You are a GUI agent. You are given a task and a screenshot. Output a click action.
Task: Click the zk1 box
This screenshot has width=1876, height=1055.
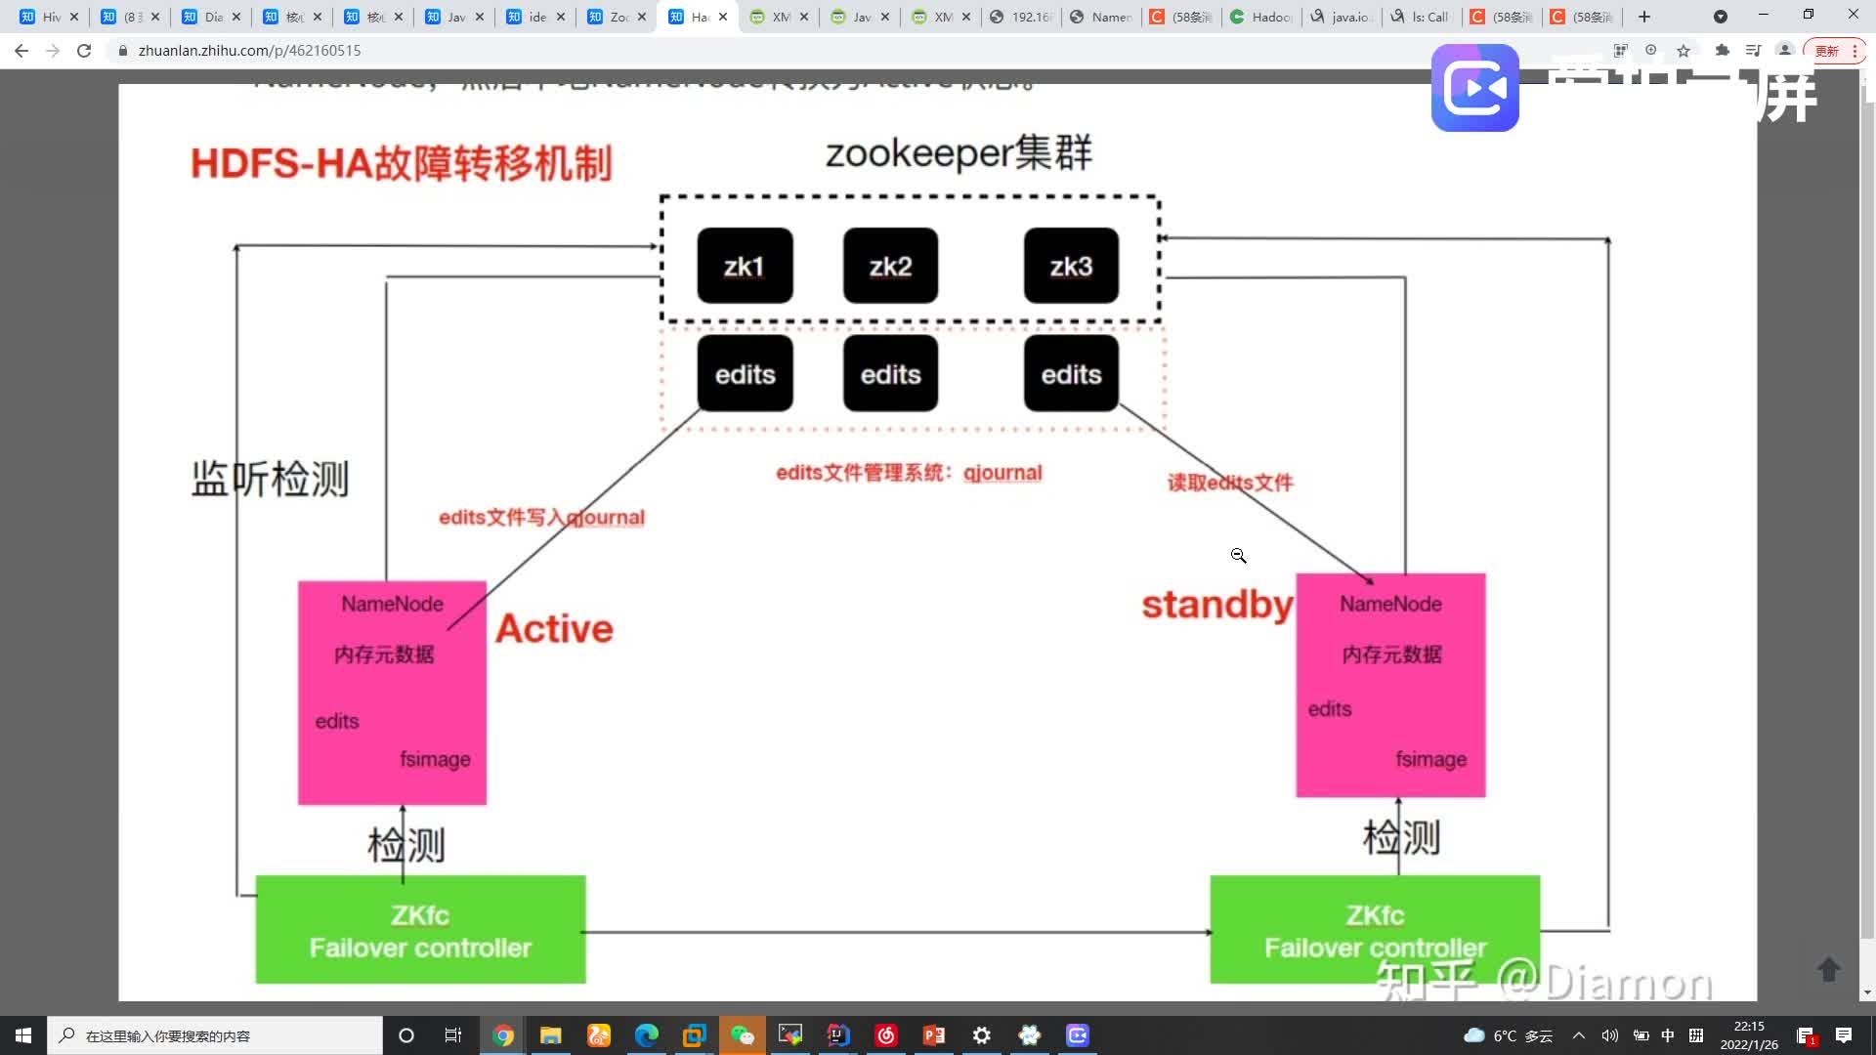[x=745, y=266]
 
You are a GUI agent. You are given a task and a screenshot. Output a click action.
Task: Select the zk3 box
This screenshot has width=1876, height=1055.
[x=1071, y=266]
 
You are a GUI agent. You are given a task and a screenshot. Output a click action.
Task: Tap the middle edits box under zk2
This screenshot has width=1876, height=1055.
[x=890, y=374]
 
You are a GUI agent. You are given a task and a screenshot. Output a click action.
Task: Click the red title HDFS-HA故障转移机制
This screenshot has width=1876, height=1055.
[x=401, y=163]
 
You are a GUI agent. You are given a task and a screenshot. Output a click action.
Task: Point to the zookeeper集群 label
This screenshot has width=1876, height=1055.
[x=959, y=153]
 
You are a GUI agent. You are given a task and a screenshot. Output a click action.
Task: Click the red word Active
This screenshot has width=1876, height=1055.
[x=554, y=628]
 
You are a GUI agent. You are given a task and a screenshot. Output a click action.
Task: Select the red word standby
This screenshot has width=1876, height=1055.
[x=1216, y=605]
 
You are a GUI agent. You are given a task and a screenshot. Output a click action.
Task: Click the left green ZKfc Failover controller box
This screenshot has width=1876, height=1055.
[x=420, y=930]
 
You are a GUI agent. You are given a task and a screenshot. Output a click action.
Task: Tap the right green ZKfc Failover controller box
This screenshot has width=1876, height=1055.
[x=1374, y=930]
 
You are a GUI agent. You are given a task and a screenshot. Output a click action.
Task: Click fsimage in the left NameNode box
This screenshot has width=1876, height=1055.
[x=435, y=759]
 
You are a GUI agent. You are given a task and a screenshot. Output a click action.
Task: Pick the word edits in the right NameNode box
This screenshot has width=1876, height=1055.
[x=1329, y=709]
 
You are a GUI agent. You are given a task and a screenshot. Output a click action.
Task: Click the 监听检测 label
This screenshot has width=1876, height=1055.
[x=270, y=479]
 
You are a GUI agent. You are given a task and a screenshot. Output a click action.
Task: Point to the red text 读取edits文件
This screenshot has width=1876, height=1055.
[x=1229, y=483]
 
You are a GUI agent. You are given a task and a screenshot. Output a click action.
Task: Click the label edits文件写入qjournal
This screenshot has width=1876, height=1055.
[x=541, y=517]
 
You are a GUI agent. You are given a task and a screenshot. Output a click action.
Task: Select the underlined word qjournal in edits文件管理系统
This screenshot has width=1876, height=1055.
[x=1002, y=473]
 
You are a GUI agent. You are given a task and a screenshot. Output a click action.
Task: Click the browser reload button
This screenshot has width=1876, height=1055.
[x=84, y=50]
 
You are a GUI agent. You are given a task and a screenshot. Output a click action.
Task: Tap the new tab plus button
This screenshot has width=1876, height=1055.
[x=1644, y=17]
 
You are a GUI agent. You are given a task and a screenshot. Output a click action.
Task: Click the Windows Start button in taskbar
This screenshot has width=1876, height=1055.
[x=22, y=1035]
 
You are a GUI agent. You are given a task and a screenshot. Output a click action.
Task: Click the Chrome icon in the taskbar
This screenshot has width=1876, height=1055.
[x=503, y=1035]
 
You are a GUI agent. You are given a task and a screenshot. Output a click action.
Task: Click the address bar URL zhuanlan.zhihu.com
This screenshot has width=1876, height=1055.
[x=249, y=50]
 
